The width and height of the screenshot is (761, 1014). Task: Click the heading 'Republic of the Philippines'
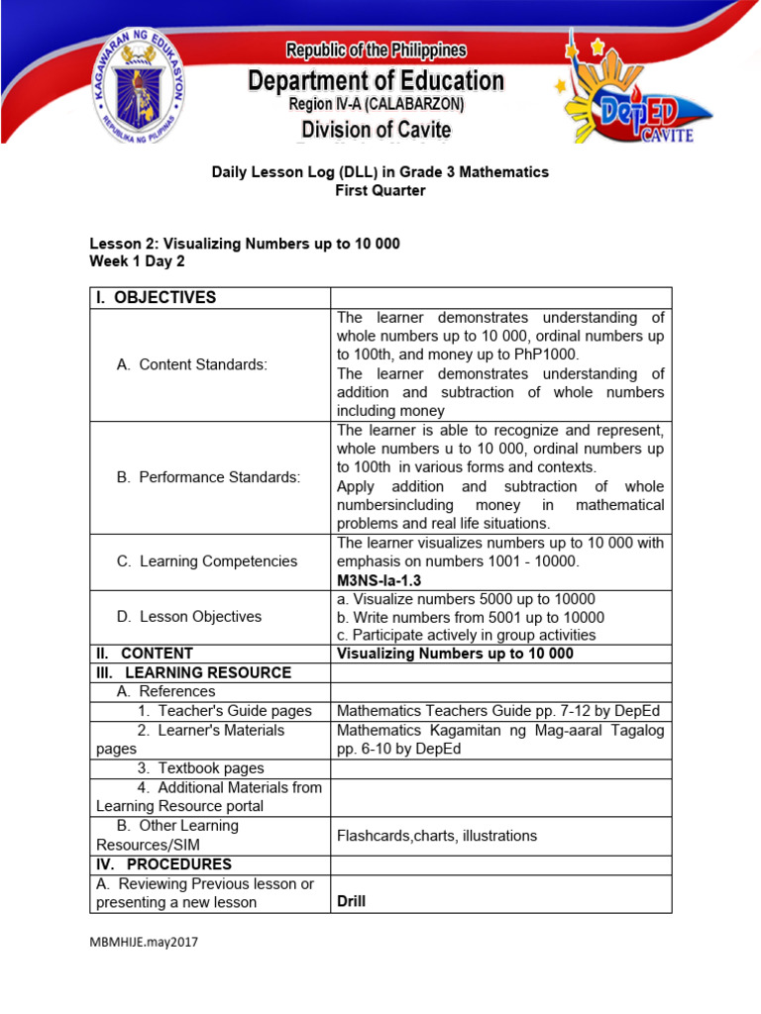(x=376, y=51)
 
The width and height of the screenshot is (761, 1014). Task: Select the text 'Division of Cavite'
(x=376, y=130)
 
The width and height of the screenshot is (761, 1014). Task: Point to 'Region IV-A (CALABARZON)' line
(x=376, y=104)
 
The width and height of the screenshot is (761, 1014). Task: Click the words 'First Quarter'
(x=380, y=190)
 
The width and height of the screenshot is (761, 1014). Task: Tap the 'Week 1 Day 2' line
(x=137, y=261)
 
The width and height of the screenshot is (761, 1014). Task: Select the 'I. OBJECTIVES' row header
(x=156, y=298)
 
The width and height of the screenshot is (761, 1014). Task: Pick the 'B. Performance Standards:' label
(x=207, y=477)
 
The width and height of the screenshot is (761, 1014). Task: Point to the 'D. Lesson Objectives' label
(x=188, y=616)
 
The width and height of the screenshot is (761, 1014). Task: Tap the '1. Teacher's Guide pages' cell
(x=225, y=710)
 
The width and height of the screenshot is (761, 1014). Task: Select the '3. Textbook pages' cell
(x=201, y=767)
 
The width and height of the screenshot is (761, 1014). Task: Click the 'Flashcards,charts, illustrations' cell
(x=437, y=835)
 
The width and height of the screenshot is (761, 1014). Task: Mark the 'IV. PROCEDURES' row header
(x=163, y=864)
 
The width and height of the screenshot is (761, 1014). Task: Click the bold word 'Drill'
(x=351, y=901)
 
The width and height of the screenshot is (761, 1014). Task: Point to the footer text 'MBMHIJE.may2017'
(x=144, y=943)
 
